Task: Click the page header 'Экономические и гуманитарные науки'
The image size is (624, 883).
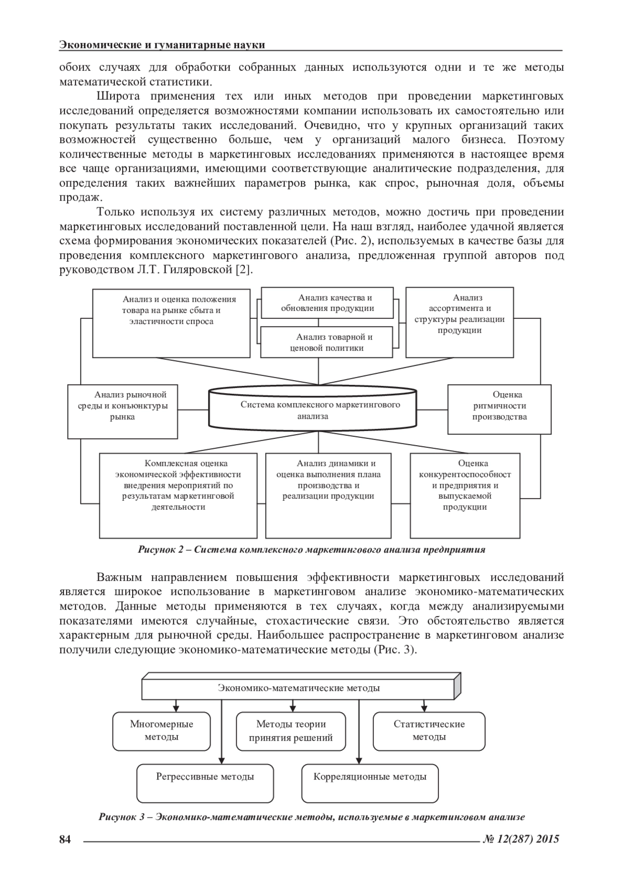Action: click(162, 45)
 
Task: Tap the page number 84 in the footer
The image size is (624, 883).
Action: click(65, 839)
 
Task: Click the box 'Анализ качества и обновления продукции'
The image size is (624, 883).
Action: click(327, 303)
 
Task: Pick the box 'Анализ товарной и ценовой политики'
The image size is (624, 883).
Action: click(327, 342)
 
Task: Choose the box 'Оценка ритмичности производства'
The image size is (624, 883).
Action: click(499, 409)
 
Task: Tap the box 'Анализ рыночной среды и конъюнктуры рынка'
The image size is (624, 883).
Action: click(123, 411)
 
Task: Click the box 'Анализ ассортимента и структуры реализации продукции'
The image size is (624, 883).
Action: click(460, 322)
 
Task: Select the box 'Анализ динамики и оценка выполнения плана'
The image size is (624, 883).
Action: click(328, 495)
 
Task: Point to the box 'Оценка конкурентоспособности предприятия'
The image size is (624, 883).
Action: click(465, 495)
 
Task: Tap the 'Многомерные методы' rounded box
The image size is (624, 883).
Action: click(161, 731)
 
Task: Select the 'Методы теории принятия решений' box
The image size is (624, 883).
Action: click(291, 731)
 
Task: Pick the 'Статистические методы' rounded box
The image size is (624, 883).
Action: click(429, 731)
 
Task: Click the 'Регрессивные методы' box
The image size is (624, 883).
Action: click(205, 783)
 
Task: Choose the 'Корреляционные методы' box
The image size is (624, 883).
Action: click(370, 783)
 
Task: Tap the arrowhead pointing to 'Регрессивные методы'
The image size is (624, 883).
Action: click(222, 760)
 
